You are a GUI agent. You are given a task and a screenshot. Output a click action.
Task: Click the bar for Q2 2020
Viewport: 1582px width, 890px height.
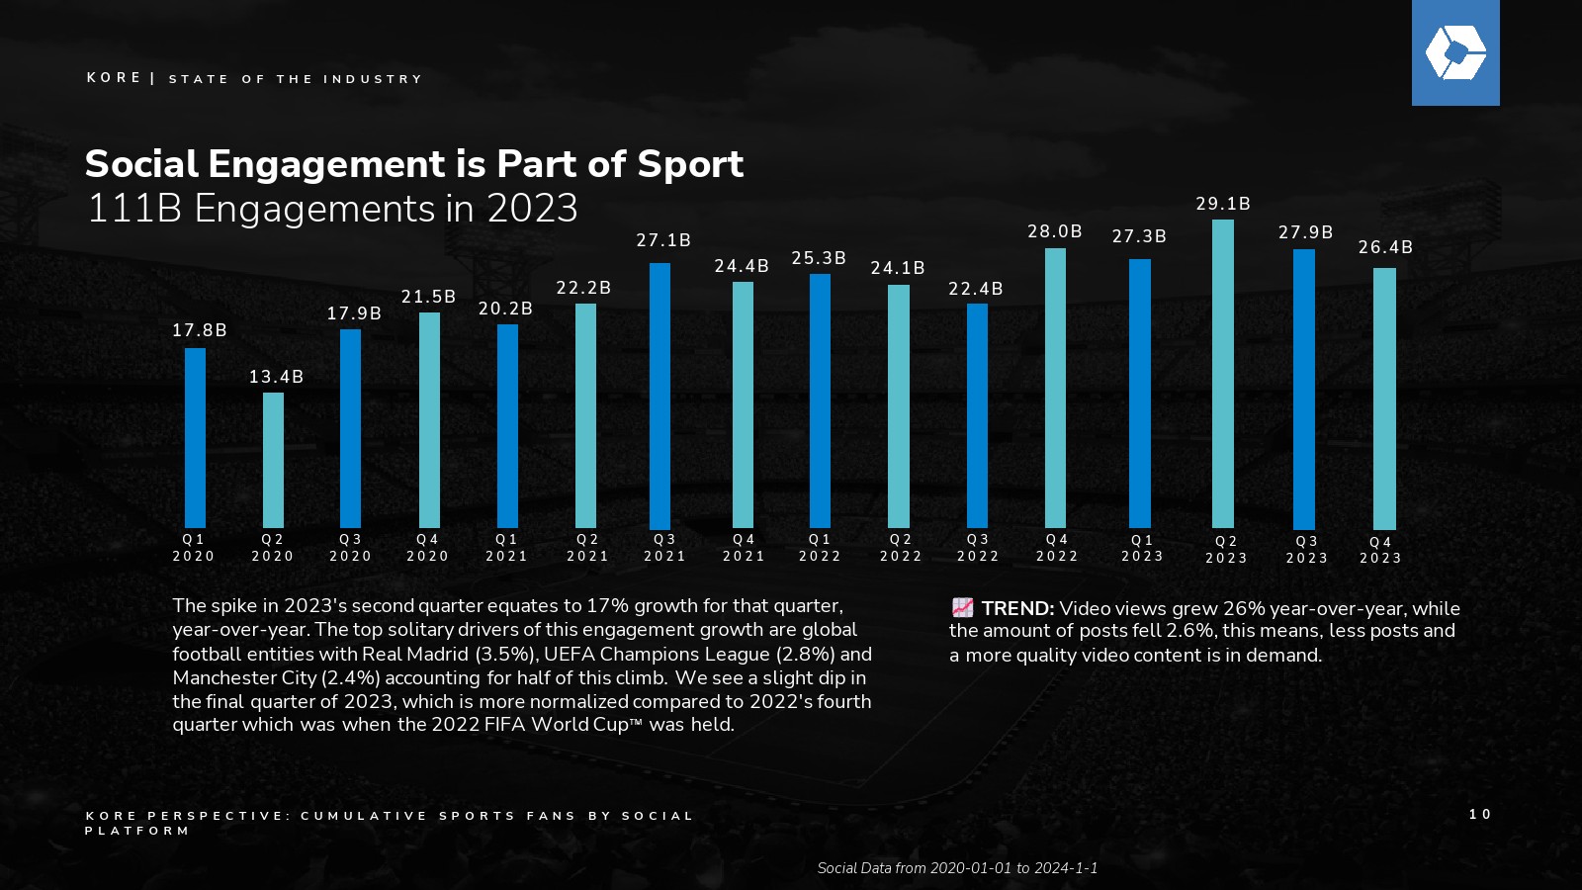(273, 460)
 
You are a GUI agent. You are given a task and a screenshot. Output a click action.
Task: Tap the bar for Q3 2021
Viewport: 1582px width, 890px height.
(659, 396)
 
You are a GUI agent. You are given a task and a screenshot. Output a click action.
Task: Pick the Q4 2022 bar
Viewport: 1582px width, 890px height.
(1055, 388)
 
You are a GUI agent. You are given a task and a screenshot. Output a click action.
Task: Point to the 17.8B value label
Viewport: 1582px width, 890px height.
(200, 330)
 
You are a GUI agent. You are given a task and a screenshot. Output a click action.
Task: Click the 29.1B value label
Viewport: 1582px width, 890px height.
(1223, 204)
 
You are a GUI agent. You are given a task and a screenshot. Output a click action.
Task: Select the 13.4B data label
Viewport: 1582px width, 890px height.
(276, 377)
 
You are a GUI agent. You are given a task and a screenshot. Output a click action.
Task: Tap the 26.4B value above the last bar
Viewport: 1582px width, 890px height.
(1385, 247)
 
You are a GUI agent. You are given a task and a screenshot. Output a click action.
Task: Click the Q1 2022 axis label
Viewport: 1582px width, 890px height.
(820, 548)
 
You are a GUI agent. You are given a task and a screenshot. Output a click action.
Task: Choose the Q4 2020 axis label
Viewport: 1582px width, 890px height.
(428, 548)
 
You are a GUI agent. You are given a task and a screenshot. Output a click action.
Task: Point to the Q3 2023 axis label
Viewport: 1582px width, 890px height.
(1307, 550)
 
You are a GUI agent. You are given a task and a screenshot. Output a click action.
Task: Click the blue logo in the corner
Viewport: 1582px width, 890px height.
(1455, 52)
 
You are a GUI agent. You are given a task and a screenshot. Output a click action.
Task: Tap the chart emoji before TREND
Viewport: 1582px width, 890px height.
(962, 608)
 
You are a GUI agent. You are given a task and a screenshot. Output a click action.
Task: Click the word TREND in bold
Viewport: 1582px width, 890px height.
(1017, 609)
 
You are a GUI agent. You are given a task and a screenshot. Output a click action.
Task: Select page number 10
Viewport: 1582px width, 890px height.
(1480, 814)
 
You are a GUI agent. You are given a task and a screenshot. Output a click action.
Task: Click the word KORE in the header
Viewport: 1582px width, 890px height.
(114, 78)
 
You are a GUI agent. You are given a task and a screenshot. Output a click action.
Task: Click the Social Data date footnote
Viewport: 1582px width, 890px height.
(957, 868)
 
